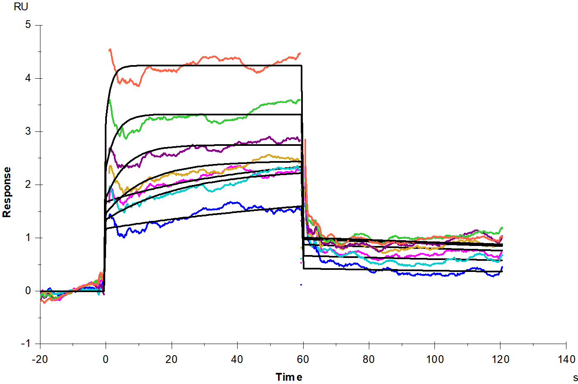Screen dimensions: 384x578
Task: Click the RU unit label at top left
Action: coord(21,7)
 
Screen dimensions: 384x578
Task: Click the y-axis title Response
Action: coord(7,192)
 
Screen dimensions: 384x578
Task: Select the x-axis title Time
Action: coord(289,377)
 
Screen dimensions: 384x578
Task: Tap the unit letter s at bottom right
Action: coord(575,378)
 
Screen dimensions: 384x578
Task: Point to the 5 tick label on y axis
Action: coord(28,25)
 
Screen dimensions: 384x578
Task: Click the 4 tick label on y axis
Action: coord(28,78)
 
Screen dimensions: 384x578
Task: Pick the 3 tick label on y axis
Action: coord(28,131)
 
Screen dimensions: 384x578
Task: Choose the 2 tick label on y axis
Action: coord(28,184)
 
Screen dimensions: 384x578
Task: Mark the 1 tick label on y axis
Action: coord(28,237)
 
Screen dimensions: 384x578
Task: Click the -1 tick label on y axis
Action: coord(26,344)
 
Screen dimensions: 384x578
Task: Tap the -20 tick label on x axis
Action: coord(40,359)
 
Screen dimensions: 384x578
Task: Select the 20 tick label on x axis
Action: coord(171,359)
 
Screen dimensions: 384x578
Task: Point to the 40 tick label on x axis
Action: coord(237,359)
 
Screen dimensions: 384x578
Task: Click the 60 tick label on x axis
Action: coord(303,359)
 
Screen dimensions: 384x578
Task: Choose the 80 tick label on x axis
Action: coord(368,359)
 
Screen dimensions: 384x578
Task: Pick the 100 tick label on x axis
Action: coord(434,359)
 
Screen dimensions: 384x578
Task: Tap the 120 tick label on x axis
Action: coord(500,359)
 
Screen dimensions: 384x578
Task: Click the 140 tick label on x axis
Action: coord(566,359)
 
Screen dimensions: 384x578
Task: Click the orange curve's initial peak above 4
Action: coord(110,50)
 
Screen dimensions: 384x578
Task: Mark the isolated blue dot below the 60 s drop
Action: coord(301,284)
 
